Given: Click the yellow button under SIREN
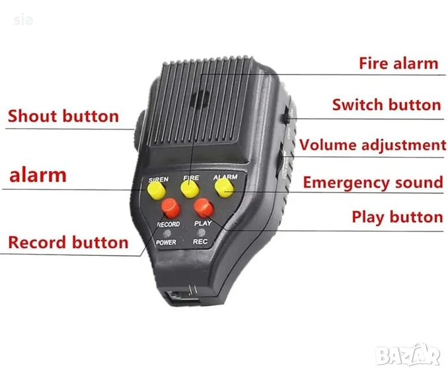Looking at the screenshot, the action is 156,190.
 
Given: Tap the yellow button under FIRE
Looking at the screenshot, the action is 190,189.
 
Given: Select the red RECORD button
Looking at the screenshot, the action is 170,208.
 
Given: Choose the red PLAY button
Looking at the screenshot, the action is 204,208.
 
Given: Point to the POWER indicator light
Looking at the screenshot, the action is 167,234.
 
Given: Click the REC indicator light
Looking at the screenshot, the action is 202,232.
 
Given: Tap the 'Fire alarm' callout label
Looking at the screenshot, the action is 398,63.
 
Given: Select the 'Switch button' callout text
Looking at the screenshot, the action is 387,105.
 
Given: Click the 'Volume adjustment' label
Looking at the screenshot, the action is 373,145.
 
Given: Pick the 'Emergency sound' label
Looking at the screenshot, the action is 373,182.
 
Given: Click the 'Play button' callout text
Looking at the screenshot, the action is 397,218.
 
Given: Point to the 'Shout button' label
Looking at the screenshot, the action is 63,116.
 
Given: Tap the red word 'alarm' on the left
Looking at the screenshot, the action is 38,175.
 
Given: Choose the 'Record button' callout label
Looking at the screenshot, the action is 68,243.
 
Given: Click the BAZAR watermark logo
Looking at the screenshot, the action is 408,355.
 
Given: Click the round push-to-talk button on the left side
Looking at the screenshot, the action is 138,131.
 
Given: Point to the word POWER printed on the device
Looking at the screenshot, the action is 166,243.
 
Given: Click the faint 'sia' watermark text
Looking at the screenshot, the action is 23,20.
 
